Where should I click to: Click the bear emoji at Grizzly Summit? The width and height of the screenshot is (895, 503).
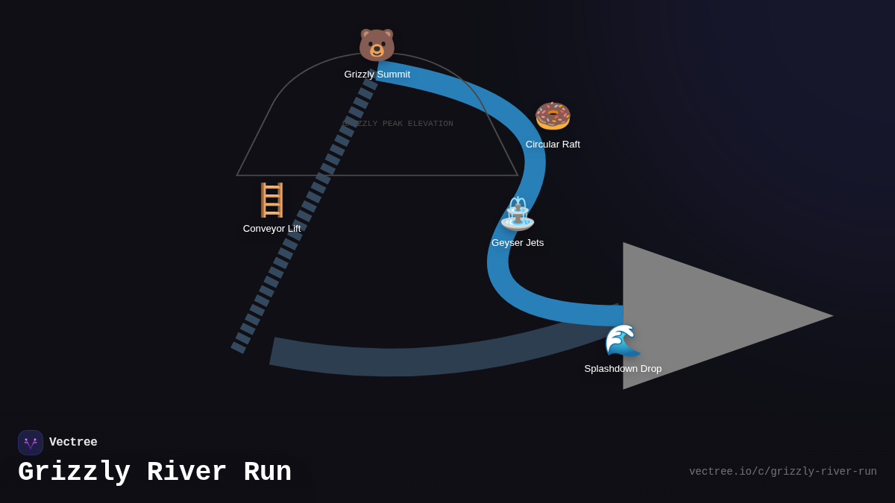click(x=377, y=45)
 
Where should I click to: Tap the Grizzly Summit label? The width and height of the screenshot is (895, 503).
click(x=377, y=75)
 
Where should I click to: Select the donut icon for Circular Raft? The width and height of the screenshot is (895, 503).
click(x=553, y=116)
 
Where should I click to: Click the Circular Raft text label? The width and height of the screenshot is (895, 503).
click(x=553, y=145)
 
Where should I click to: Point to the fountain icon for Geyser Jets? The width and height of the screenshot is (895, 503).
click(x=518, y=214)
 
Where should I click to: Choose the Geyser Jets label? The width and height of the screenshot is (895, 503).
click(x=518, y=243)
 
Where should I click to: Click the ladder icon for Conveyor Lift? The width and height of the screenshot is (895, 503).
click(x=271, y=200)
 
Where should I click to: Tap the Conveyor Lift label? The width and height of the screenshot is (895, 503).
click(x=271, y=229)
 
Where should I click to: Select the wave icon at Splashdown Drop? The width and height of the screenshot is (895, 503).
click(x=622, y=341)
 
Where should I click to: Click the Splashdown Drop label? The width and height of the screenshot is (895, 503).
click(x=623, y=369)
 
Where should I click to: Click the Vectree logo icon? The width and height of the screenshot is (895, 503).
click(x=31, y=443)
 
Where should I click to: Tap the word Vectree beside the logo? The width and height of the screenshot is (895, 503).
click(x=73, y=443)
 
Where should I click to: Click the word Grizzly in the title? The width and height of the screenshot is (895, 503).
click(x=74, y=472)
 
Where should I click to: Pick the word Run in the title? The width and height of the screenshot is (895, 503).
click(x=267, y=472)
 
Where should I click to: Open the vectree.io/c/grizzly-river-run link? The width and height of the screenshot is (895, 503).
click(x=782, y=472)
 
